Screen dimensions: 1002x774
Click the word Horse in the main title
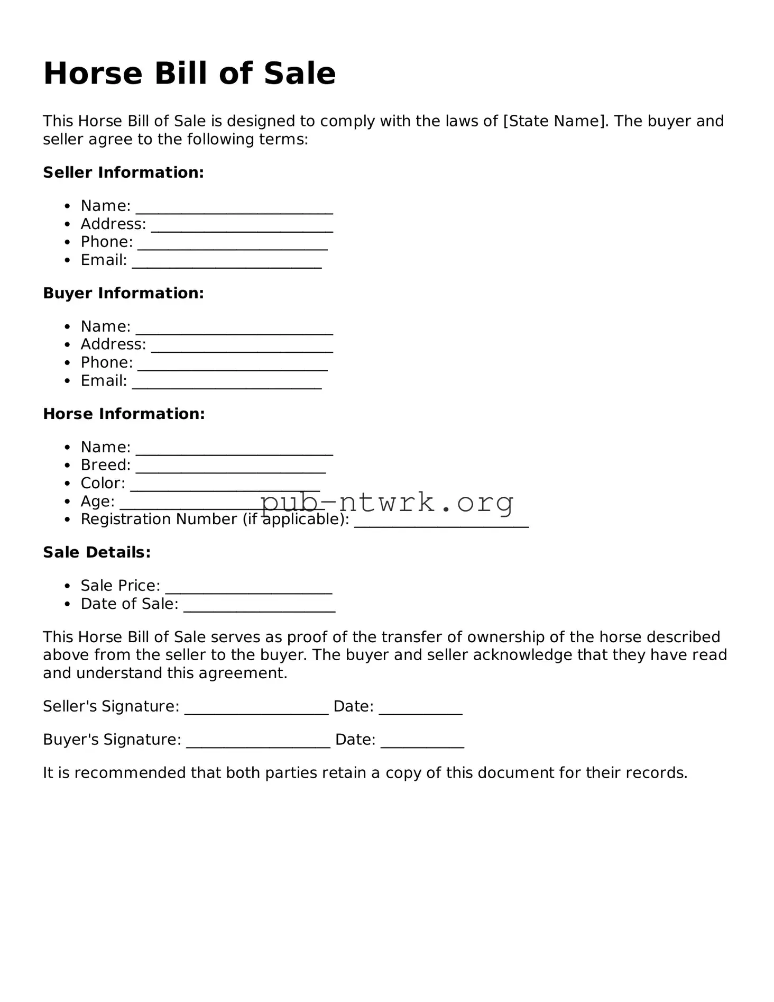pyautogui.click(x=93, y=74)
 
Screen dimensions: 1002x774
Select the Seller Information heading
pyautogui.click(x=123, y=172)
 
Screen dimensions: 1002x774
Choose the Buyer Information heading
pyautogui.click(x=123, y=293)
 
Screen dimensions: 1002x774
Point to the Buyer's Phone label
pyautogui.click(x=106, y=362)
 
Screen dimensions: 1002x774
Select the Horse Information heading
pyautogui.click(x=124, y=414)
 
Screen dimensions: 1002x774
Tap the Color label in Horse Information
pyautogui.click(x=103, y=483)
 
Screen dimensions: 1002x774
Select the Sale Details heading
pyautogui.click(x=97, y=552)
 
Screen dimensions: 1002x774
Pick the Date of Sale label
pyautogui.click(x=129, y=604)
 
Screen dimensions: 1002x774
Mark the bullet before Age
pyautogui.click(x=67, y=502)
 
